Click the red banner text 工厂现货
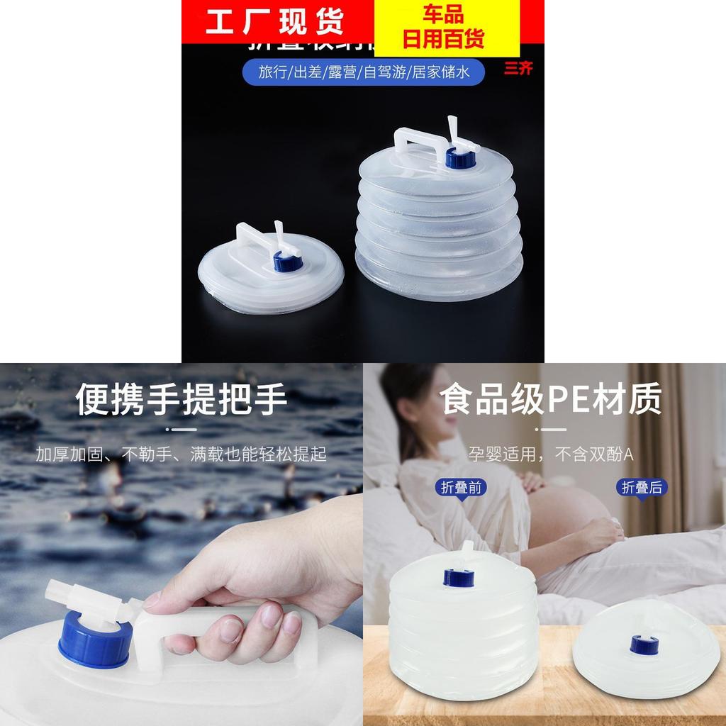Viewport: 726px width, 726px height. pos(274,21)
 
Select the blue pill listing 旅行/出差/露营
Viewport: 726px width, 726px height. pos(362,72)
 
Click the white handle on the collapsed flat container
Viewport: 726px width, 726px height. pos(245,240)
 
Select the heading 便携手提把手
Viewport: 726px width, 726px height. pos(181,399)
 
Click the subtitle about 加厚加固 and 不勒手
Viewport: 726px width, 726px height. pos(181,454)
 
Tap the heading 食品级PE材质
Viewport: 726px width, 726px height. pos(551,399)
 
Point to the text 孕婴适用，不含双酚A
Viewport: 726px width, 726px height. pos(551,454)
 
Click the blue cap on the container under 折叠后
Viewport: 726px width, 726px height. pos(643,644)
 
